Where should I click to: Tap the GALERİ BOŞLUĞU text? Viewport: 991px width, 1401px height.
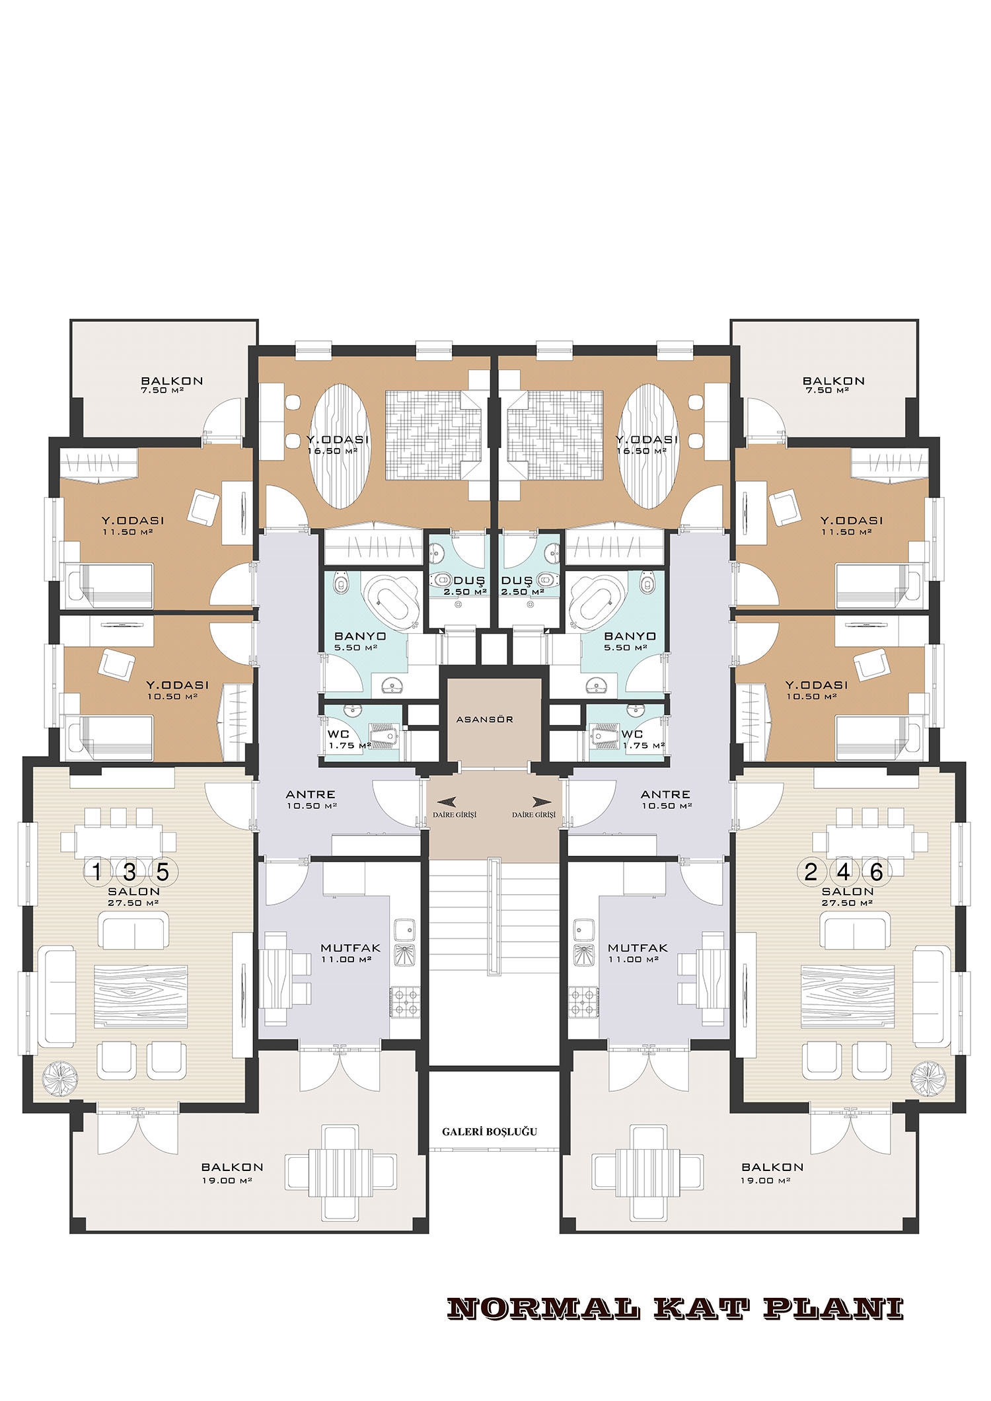tap(490, 1131)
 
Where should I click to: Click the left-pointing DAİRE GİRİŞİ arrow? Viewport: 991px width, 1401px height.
tap(447, 802)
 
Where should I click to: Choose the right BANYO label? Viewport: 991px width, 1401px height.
tap(630, 636)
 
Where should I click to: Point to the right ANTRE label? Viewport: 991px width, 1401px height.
tap(665, 794)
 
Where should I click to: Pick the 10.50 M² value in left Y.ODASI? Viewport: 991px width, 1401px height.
tap(178, 697)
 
